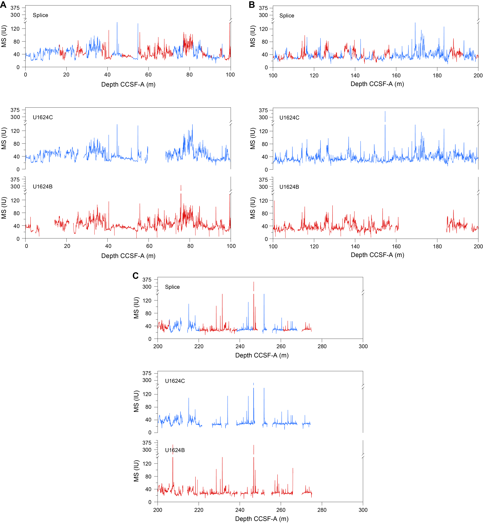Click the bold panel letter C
pyautogui.click(x=135, y=276)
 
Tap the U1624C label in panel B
pyautogui.click(x=289, y=118)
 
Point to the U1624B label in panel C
pyautogui.click(x=175, y=450)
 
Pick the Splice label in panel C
pyautogui.click(x=172, y=287)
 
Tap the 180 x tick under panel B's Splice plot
pyautogui.click(x=437, y=76)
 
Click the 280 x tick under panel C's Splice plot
pyautogui.click(x=322, y=346)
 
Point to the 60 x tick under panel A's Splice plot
pyautogui.click(x=148, y=75)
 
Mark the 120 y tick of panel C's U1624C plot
pyautogui.click(x=147, y=394)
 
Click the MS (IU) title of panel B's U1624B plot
pyautogui.click(x=252, y=208)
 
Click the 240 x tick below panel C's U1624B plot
pyautogui.click(x=240, y=510)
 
